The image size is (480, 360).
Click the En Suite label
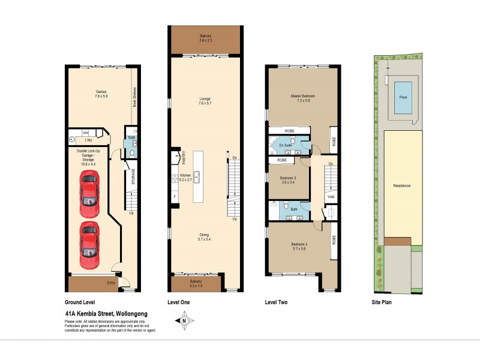tap(284, 145)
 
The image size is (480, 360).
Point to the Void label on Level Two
tap(331, 196)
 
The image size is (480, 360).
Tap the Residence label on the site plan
tap(401, 185)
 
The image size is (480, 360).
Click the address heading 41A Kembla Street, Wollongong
tap(106, 314)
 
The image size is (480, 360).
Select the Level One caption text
tap(178, 302)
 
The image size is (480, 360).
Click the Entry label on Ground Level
tap(111, 282)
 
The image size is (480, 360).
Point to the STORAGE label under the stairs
tap(133, 178)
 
